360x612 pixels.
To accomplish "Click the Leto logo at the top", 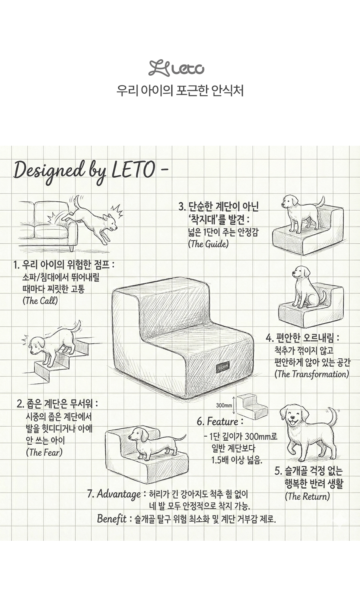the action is tap(176, 68).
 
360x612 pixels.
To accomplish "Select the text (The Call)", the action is tap(40, 301).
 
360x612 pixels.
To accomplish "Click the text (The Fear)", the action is tap(44, 452).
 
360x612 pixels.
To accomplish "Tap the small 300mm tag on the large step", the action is tap(222, 367).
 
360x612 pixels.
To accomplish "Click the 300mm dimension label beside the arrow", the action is tap(224, 405).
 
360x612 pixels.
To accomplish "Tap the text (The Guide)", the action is tap(208, 244).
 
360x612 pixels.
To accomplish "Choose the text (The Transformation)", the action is tap(312, 374).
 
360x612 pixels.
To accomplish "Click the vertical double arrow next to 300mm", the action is tap(234, 405).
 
